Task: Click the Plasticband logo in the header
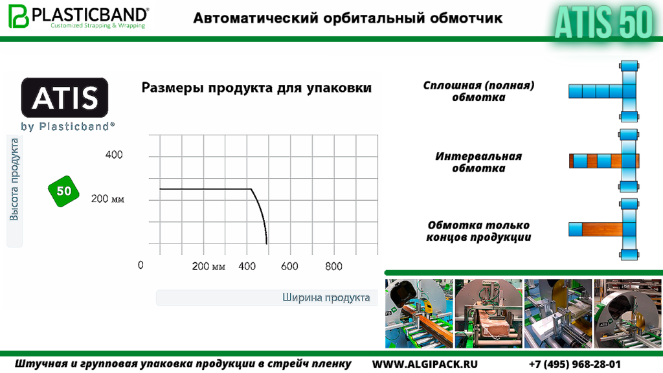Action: [78, 16]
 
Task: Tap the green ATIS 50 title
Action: [604, 22]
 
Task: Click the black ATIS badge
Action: [65, 98]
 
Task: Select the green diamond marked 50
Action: [64, 191]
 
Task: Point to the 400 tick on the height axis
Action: [114, 155]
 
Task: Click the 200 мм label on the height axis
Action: [107, 199]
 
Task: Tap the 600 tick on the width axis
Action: [289, 266]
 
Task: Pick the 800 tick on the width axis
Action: [333, 266]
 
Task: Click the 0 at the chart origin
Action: [140, 265]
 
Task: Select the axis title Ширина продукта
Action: [326, 298]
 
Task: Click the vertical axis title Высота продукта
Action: [14, 179]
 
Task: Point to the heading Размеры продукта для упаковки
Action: [256, 88]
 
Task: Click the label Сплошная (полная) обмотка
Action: [478, 91]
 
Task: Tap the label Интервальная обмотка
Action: [478, 163]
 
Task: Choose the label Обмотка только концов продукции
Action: [478, 231]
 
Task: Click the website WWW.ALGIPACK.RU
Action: [425, 364]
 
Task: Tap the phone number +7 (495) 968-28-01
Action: [575, 364]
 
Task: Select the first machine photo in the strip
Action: [419, 313]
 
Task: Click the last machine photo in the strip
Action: [628, 313]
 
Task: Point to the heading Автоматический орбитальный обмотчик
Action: [348, 18]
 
